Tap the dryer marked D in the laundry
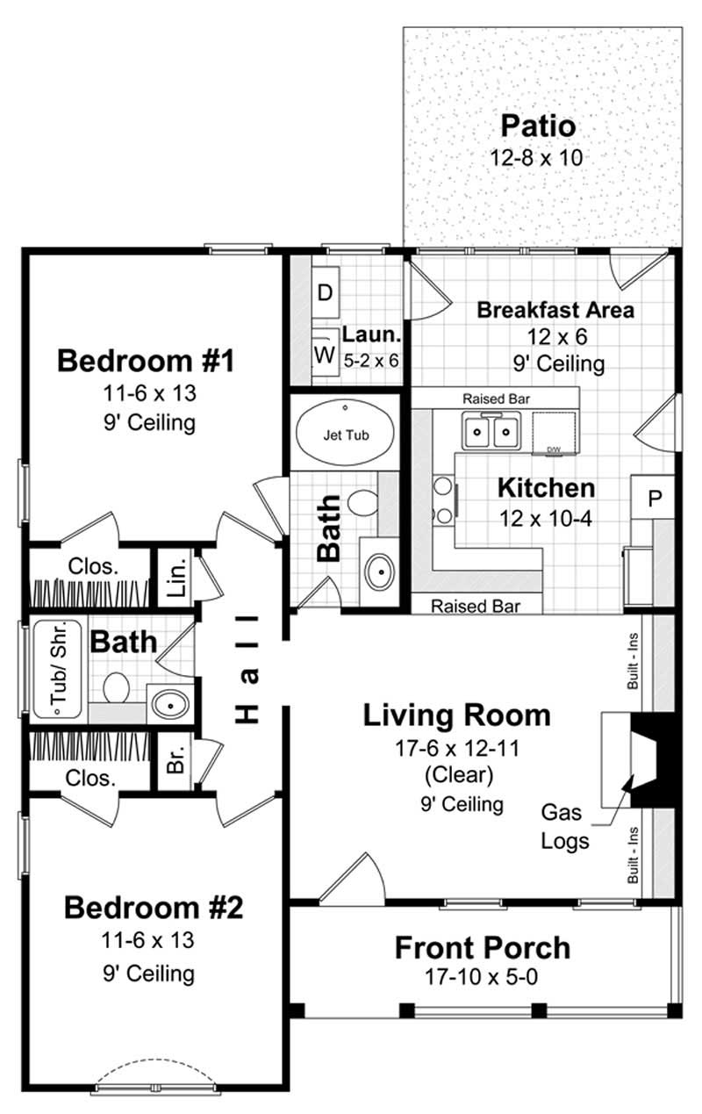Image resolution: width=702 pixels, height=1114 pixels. coord(324,293)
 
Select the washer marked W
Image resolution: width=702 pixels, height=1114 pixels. coord(324,355)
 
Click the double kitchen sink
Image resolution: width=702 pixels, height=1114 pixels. coord(491,431)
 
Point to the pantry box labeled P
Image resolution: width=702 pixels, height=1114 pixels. coord(653,497)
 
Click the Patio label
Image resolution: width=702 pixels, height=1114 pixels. coord(538,126)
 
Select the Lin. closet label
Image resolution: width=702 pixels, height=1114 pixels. coord(176,579)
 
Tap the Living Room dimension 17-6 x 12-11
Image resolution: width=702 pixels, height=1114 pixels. coord(457,749)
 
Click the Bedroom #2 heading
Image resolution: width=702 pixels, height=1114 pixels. coord(153,907)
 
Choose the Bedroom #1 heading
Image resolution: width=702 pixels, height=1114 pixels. coord(146,361)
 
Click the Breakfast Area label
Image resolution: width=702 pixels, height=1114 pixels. coord(555,310)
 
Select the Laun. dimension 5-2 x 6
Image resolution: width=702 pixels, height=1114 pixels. coord(370,359)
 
